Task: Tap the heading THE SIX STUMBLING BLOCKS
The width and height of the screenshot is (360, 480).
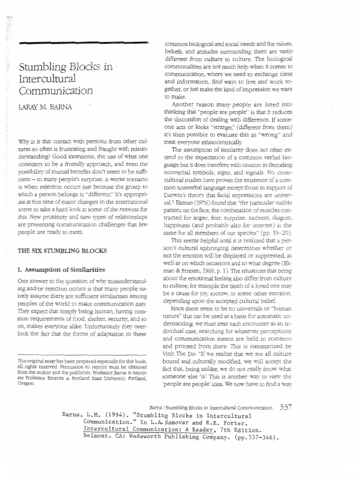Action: pyautogui.click(x=62, y=251)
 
